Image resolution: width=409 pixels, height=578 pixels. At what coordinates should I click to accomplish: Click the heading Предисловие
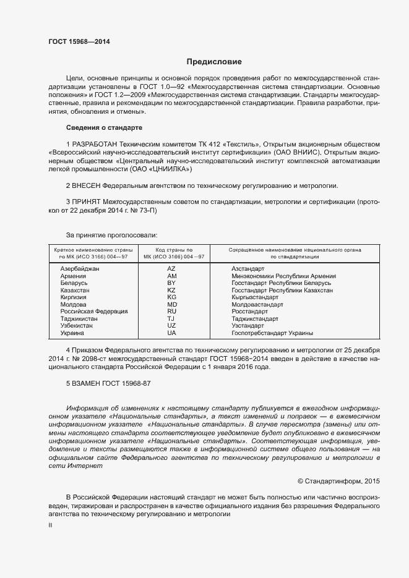[214, 62]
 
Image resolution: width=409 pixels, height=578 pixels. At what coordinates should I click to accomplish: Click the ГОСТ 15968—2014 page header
[79, 41]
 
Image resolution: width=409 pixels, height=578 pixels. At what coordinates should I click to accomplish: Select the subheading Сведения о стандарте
[104, 127]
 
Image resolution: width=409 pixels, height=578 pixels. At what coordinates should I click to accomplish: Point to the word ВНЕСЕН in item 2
[86, 185]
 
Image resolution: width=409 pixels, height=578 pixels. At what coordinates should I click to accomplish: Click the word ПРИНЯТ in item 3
[87, 202]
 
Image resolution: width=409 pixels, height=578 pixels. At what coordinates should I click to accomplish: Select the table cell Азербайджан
[80, 269]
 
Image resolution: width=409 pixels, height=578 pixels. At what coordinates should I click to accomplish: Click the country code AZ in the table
[171, 269]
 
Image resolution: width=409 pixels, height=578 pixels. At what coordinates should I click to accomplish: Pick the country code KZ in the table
[171, 290]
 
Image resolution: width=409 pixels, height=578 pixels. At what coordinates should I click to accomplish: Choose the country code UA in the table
[171, 333]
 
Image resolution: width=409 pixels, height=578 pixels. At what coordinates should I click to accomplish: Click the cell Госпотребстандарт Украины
[272, 333]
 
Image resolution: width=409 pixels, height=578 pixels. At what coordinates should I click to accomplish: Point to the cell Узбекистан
[77, 326]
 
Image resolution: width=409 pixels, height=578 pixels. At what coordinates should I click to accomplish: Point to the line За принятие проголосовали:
[111, 235]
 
